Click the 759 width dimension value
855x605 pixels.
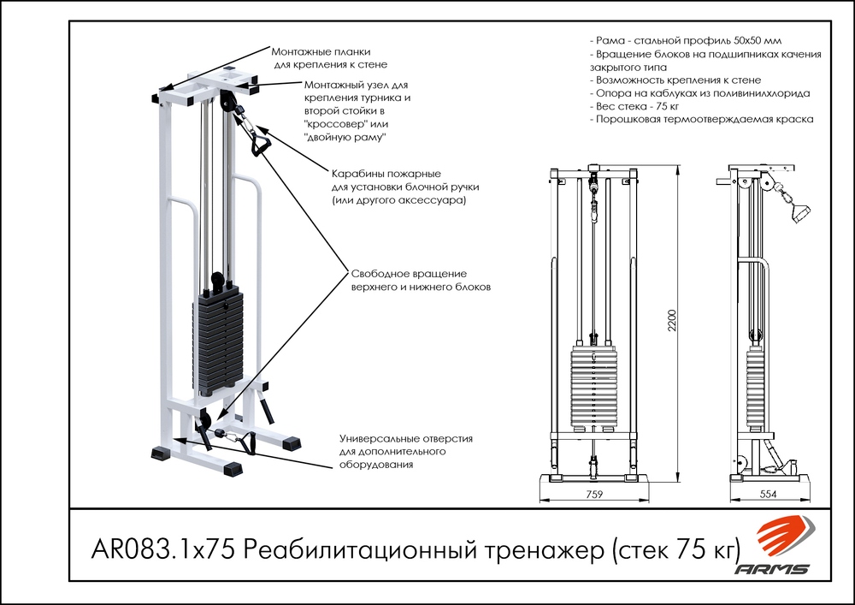coord(594,495)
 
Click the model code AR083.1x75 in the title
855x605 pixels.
coord(162,549)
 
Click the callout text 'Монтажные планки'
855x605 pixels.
coord(321,52)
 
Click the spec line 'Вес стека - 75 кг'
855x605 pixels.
coord(634,106)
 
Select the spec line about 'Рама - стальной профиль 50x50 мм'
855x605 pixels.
coord(684,41)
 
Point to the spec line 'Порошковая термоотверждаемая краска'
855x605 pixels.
coord(701,120)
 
